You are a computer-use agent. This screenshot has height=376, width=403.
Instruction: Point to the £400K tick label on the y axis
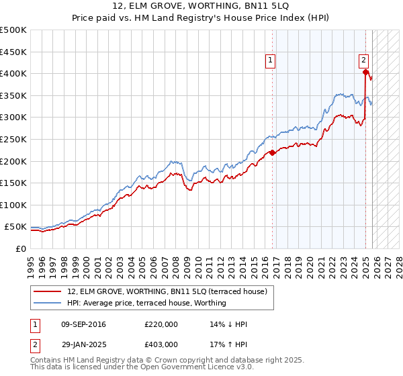tap(13, 74)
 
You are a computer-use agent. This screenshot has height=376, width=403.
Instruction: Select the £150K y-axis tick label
tap(13, 183)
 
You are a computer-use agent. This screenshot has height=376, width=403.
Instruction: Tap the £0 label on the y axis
tap(21, 248)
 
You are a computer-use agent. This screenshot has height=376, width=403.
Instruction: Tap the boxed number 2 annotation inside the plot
tap(363, 59)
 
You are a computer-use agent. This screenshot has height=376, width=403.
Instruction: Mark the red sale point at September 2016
tap(273, 152)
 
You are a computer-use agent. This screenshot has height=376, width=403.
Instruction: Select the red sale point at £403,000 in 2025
tap(365, 72)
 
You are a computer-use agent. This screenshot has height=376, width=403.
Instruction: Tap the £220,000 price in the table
tap(161, 324)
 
